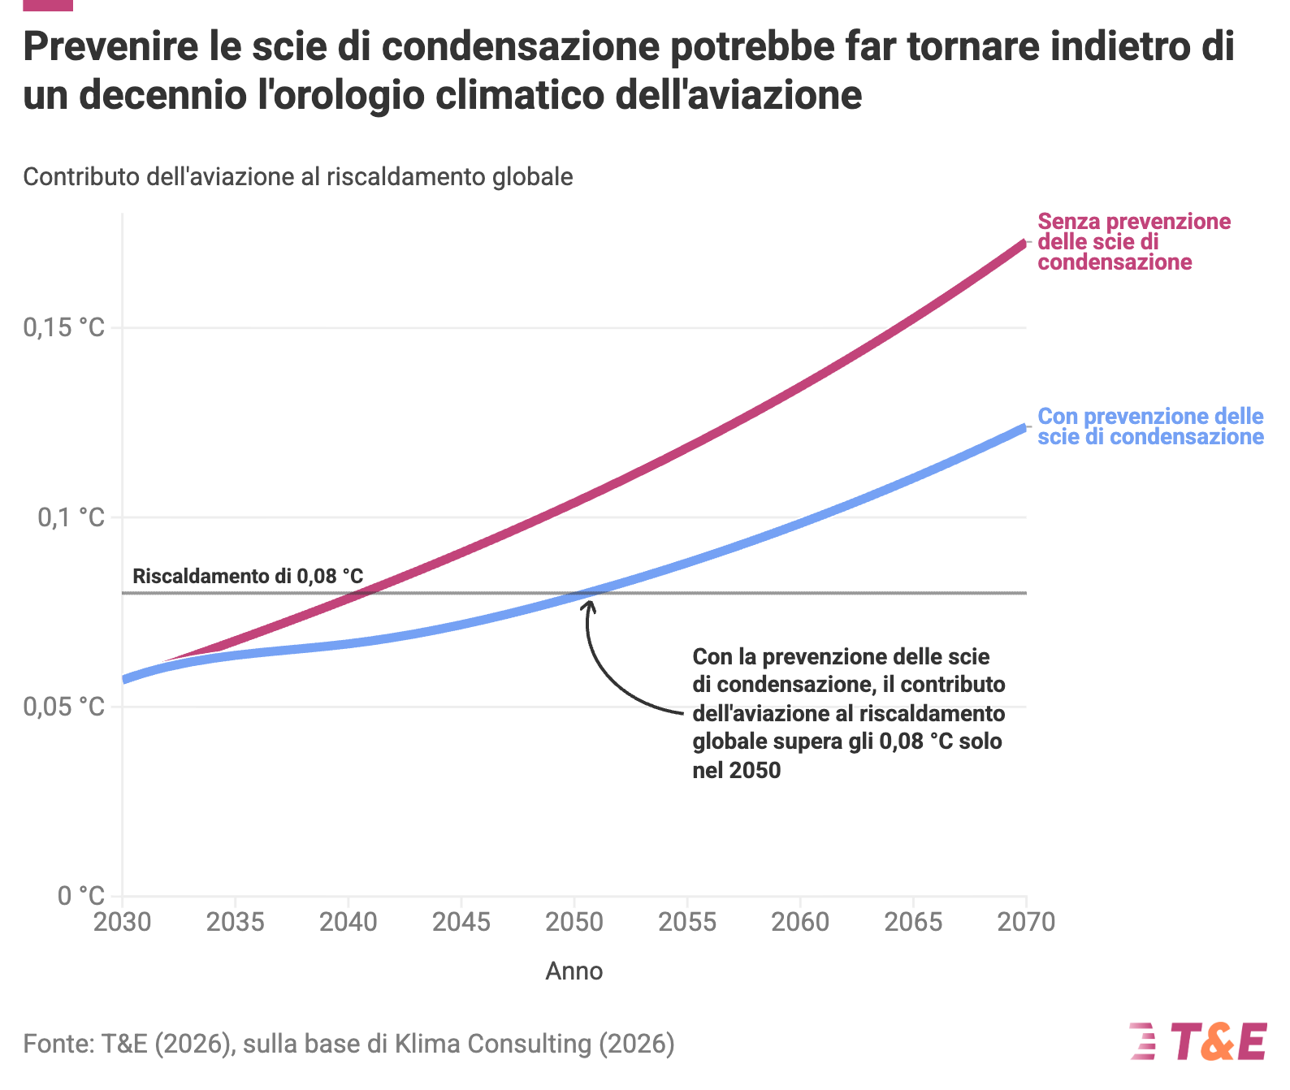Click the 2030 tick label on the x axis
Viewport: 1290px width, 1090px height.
pyautogui.click(x=123, y=922)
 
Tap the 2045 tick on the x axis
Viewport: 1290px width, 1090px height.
pyautogui.click(x=461, y=922)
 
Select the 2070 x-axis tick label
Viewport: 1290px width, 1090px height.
pyautogui.click(x=1026, y=922)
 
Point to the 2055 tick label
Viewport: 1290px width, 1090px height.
pyautogui.click(x=687, y=922)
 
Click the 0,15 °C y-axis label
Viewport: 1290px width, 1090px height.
pyautogui.click(x=63, y=327)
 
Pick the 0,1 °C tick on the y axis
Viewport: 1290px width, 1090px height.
pyautogui.click(x=71, y=517)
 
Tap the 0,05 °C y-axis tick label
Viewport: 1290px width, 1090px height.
pyautogui.click(x=63, y=707)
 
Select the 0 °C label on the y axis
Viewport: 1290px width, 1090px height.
pyautogui.click(x=81, y=895)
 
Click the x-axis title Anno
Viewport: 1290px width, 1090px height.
pyautogui.click(x=574, y=971)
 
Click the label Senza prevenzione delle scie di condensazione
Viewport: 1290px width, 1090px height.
pyautogui.click(x=1134, y=241)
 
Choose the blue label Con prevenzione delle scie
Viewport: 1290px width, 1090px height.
pyautogui.click(x=1150, y=426)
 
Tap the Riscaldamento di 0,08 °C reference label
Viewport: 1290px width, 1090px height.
pyautogui.click(x=248, y=576)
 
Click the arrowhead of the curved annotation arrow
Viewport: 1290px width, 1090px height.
pyautogui.click(x=590, y=607)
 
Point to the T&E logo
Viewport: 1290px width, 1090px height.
pyautogui.click(x=1198, y=1042)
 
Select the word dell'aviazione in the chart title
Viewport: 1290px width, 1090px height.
pyautogui.click(x=738, y=95)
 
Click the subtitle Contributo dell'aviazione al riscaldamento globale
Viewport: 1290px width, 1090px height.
pyautogui.click(x=298, y=177)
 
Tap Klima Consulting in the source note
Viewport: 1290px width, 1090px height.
pyautogui.click(x=493, y=1044)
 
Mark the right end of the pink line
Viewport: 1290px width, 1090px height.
pyautogui.click(x=1025, y=243)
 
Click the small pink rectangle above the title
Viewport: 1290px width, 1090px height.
pyautogui.click(x=48, y=5)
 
